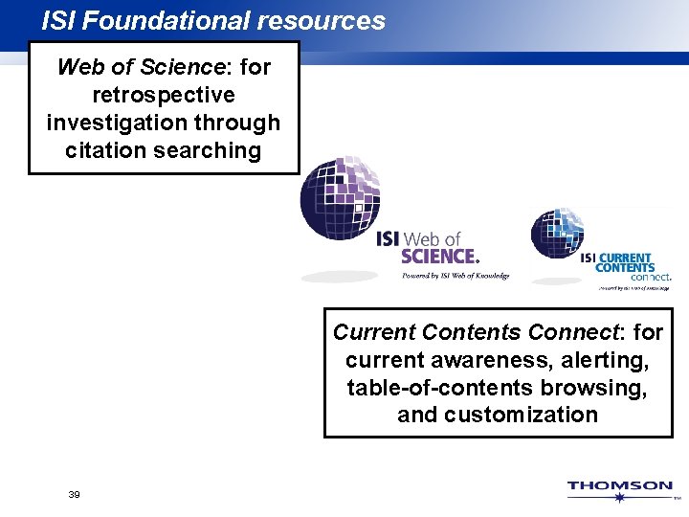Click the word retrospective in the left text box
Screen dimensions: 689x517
(164, 95)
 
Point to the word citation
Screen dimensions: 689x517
(101, 150)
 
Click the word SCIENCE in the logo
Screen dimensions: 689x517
(438, 256)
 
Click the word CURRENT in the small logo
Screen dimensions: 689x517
(625, 258)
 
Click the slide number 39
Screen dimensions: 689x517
(74, 494)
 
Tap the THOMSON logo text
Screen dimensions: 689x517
(619, 485)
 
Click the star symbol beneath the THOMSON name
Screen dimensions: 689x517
(620, 499)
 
